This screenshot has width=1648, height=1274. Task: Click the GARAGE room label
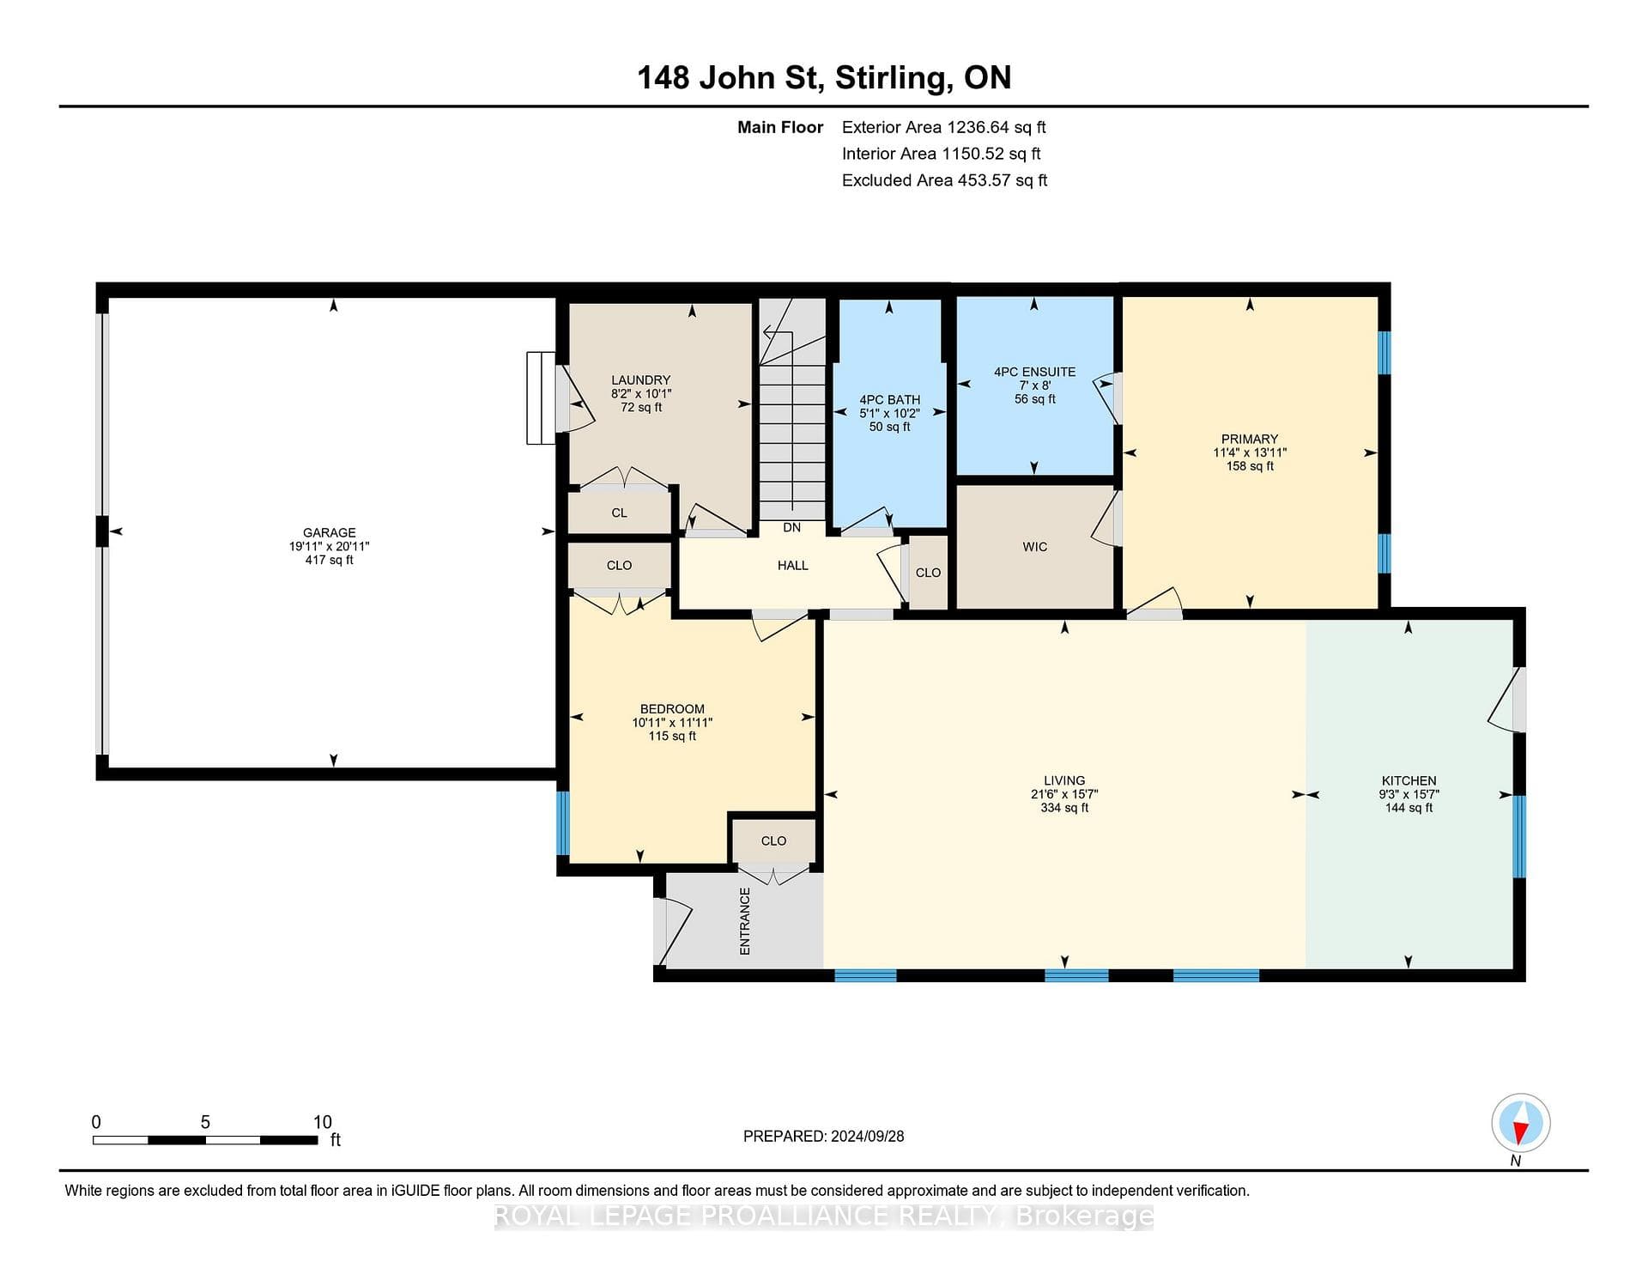(329, 532)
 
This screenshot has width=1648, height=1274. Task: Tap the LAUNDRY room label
(640, 379)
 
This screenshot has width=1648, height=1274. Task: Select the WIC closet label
(1034, 546)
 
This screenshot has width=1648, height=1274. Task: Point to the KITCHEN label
(1409, 780)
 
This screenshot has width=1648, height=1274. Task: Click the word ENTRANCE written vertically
(745, 921)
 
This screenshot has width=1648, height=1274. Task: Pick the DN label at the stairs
(791, 527)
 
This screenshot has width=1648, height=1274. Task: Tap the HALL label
(792, 565)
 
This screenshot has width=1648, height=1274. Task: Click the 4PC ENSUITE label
(1034, 372)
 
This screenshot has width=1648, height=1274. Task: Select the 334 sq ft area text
(1064, 808)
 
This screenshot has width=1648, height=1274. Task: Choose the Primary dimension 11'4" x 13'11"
(1250, 452)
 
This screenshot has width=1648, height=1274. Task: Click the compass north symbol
(1520, 1123)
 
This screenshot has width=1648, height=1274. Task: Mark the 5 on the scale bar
(205, 1122)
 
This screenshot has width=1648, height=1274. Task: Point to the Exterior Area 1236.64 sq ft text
(943, 127)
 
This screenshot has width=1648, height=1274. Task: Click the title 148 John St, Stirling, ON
(824, 77)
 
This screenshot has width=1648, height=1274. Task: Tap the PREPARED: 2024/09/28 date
(823, 1136)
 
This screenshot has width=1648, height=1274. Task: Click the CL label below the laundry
(619, 513)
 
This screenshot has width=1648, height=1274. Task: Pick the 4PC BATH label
(889, 399)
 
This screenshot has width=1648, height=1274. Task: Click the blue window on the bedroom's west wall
(563, 823)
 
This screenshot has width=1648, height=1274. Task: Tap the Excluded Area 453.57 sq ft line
(944, 180)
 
